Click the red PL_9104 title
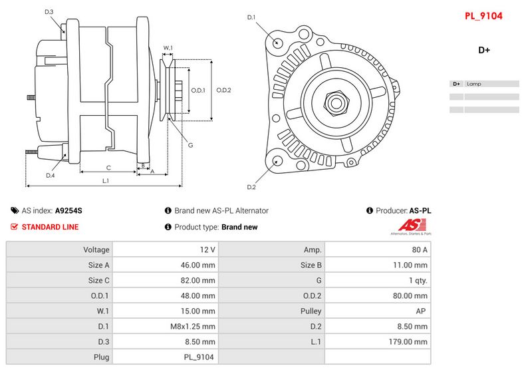[483, 16]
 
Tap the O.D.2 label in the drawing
[223, 90]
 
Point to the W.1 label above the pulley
[168, 47]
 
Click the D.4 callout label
[51, 175]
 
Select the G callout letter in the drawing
[190, 145]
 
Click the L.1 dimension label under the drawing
[106, 180]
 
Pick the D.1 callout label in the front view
[251, 17]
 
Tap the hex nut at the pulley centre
[336, 103]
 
